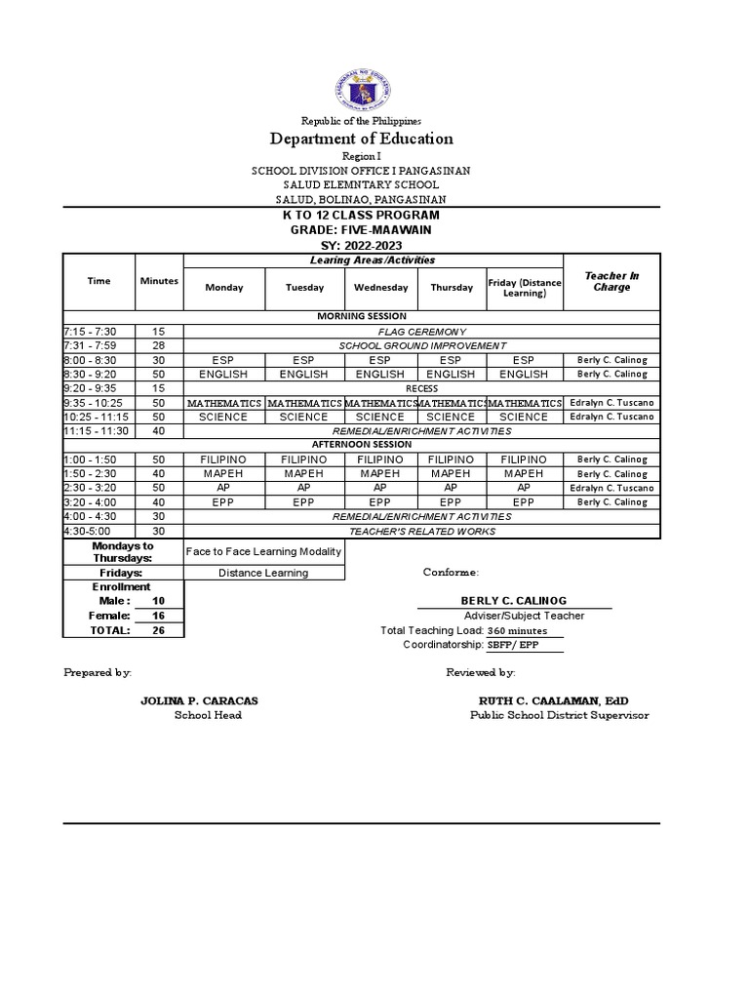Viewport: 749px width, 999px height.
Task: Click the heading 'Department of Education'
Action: tap(362, 139)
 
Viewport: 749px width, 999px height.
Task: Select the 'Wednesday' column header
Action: tap(380, 288)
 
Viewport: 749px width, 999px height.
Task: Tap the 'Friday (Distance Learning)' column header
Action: tap(525, 288)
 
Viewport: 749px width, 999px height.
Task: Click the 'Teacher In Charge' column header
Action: tap(611, 282)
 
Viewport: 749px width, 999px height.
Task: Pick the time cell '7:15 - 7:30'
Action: tap(98, 332)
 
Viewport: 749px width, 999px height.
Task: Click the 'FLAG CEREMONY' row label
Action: tap(422, 332)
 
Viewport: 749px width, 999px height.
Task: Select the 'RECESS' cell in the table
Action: tap(422, 388)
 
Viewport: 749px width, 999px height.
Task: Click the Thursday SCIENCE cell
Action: tap(452, 417)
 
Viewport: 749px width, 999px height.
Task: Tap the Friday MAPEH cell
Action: tap(525, 473)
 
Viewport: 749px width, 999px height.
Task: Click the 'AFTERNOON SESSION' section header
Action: tap(362, 445)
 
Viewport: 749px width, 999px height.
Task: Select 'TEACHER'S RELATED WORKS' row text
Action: tap(422, 531)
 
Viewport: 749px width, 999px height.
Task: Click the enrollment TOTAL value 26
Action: tap(159, 630)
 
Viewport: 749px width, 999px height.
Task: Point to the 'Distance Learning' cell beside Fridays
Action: tap(263, 573)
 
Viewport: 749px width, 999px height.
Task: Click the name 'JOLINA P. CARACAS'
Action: tap(199, 701)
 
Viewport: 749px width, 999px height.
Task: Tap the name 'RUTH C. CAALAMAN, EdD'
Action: tap(553, 701)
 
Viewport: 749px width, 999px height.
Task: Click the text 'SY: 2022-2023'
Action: tap(362, 245)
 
